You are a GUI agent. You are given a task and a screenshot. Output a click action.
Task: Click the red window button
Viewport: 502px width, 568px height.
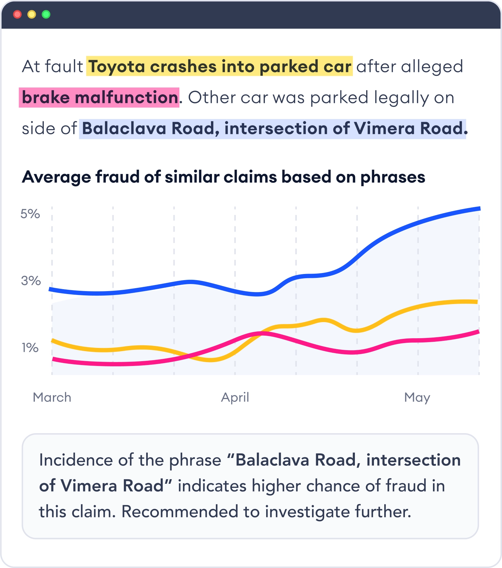[17, 15]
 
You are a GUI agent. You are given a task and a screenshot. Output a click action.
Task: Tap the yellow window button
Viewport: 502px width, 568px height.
[32, 15]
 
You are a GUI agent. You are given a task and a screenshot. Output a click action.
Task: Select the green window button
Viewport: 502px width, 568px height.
[46, 15]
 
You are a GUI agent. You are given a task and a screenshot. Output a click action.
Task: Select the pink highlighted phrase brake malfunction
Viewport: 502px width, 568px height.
[99, 97]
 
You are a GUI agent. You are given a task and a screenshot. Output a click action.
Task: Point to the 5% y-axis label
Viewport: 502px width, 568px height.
[30, 214]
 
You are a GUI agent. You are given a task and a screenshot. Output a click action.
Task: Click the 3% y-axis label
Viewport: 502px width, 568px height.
[31, 281]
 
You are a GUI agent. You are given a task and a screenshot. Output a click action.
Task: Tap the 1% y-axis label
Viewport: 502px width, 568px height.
[30, 348]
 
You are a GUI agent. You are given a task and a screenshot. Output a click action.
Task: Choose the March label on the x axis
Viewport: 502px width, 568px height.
[52, 397]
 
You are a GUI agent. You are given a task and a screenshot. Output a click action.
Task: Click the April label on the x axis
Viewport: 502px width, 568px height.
[235, 397]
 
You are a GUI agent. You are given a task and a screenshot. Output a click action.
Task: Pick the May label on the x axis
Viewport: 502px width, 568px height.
[417, 397]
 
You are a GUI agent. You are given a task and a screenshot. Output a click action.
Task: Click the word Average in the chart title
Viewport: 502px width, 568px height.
[56, 177]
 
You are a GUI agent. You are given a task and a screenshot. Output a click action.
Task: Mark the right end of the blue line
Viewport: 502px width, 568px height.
[479, 209]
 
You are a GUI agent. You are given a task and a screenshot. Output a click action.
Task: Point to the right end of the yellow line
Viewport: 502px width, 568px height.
[477, 302]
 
